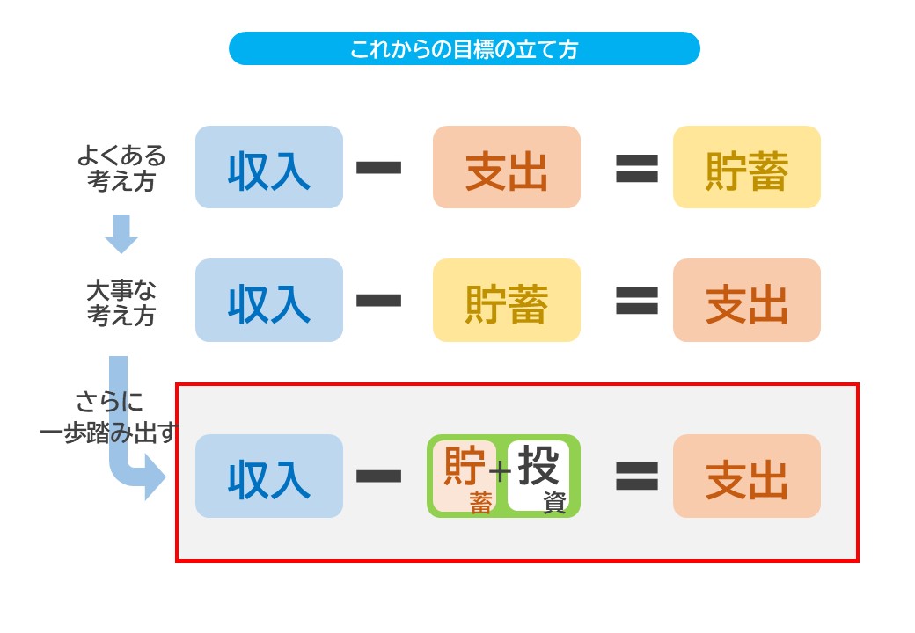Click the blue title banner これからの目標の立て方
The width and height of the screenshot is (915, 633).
point(464,48)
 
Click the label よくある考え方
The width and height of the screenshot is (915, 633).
point(121,168)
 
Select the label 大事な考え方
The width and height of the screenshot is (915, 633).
point(121,302)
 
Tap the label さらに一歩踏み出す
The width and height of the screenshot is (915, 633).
point(108,417)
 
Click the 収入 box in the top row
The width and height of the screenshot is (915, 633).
point(269,167)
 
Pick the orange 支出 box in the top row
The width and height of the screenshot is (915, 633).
point(507,167)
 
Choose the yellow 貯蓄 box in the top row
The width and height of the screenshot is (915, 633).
point(747,167)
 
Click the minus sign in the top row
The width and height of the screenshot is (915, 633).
point(378,168)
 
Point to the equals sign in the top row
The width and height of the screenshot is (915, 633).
point(637,168)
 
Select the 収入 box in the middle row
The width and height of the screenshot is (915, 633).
point(269,300)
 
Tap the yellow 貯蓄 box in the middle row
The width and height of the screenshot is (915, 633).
point(507,300)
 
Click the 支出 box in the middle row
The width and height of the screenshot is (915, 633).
point(747,300)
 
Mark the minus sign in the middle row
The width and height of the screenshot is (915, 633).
point(378,301)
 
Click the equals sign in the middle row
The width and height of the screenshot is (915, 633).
point(637,301)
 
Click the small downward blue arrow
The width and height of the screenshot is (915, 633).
point(121,234)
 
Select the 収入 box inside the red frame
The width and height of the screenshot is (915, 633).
point(269,476)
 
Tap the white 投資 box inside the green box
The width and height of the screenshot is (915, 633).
point(538,476)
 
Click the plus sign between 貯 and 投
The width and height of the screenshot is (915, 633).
point(500,470)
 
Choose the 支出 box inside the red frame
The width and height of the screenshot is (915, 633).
point(747,476)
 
